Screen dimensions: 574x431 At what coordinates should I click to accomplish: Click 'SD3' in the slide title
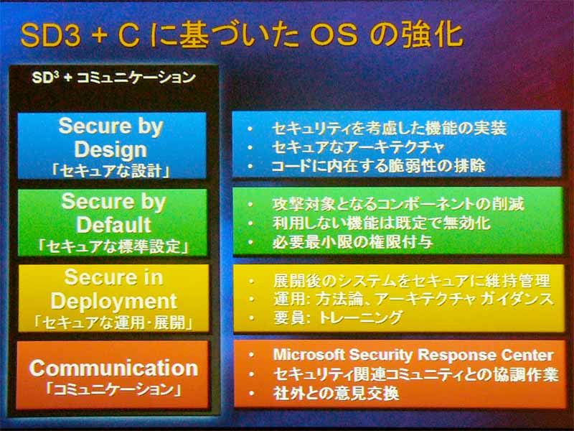pos(50,36)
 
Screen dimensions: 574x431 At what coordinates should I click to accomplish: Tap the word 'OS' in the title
pos(334,35)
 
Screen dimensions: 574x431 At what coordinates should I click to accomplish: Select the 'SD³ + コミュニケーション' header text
pos(113,78)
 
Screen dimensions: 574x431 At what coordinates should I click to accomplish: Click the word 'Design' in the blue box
pos(110,149)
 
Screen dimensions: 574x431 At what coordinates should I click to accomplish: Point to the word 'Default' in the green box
pos(114,225)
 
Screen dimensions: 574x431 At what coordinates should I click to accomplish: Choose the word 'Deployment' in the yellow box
pos(114,302)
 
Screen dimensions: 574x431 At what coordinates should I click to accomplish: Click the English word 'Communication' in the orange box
pos(113,368)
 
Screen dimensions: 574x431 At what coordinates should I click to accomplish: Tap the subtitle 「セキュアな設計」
pos(111,171)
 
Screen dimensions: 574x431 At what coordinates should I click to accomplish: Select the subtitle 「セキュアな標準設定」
pos(113,246)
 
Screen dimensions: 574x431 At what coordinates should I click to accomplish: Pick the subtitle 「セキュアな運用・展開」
pos(113,323)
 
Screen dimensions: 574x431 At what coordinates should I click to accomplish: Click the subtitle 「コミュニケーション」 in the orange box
pos(113,389)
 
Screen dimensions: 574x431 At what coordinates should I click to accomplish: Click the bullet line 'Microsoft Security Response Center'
pos(413,355)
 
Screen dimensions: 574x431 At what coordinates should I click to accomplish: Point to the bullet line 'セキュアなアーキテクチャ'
pos(357,147)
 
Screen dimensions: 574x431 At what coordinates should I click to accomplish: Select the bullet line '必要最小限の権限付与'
pos(353,242)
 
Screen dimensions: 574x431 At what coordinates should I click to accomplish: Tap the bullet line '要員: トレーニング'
pos(338,318)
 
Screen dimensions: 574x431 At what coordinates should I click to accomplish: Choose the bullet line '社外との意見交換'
pos(336,394)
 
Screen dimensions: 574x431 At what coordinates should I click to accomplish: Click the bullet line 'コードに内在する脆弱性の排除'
pos(379,166)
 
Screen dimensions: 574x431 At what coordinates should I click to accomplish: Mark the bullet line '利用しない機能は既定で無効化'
pos(382,223)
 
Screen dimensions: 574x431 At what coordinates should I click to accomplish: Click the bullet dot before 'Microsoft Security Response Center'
pos(251,355)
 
